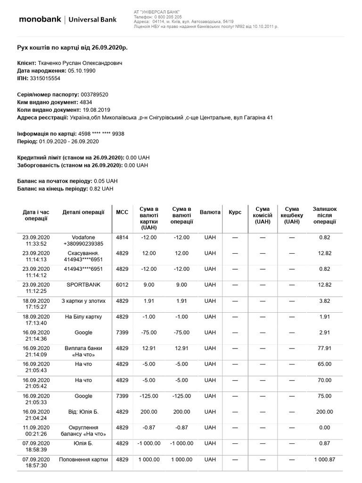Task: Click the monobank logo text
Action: [39, 19]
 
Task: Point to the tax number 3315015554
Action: [45, 78]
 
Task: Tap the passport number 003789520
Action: [95, 94]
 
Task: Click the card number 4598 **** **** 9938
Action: [101, 133]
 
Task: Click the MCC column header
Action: [122, 212]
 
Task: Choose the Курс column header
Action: [235, 212]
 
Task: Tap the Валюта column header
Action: [210, 212]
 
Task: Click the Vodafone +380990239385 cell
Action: [83, 241]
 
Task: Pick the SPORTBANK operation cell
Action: [83, 285]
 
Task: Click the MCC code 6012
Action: [122, 285]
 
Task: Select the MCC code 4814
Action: [122, 237]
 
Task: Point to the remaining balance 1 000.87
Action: [324, 459]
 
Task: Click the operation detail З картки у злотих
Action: [83, 301]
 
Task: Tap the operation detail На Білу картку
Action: [83, 316]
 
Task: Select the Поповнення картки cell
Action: [83, 459]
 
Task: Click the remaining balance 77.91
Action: [324, 349]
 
